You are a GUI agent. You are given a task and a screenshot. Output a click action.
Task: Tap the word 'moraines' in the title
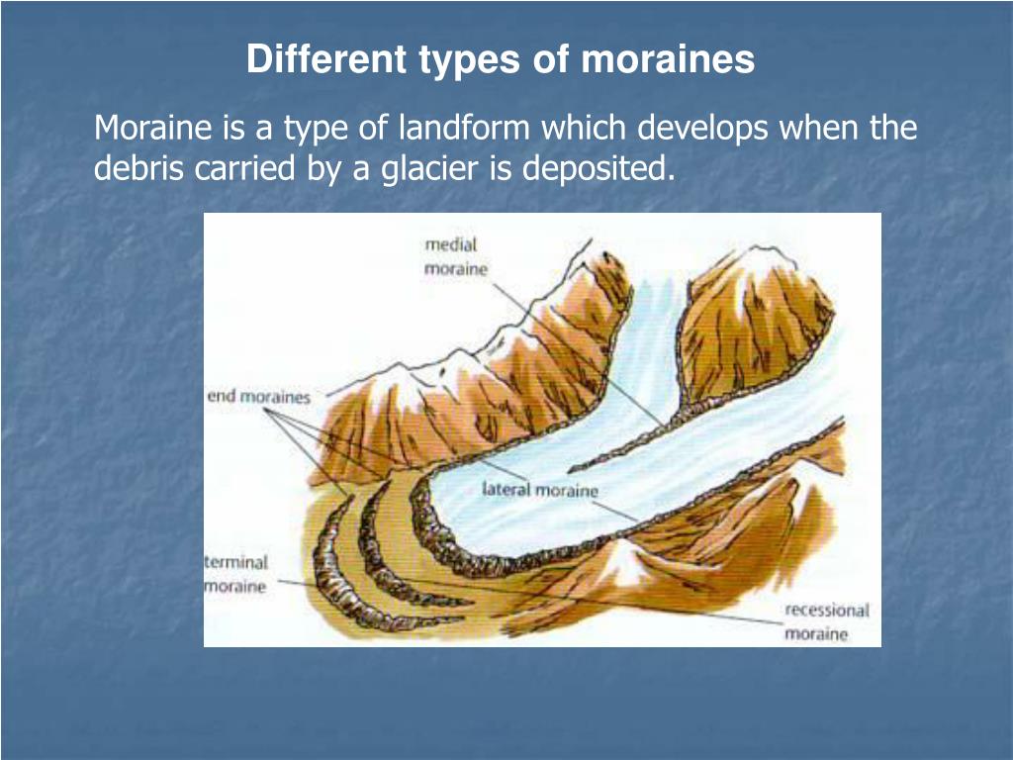point(668,59)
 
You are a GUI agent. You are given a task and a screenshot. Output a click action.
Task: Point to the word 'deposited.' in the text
point(599,169)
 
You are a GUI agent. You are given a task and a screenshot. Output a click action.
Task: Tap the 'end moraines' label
point(258,397)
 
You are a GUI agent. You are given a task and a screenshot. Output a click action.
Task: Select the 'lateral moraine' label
point(540,489)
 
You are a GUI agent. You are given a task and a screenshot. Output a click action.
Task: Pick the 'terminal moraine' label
point(235,574)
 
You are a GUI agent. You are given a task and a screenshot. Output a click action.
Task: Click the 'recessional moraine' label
point(826,622)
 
